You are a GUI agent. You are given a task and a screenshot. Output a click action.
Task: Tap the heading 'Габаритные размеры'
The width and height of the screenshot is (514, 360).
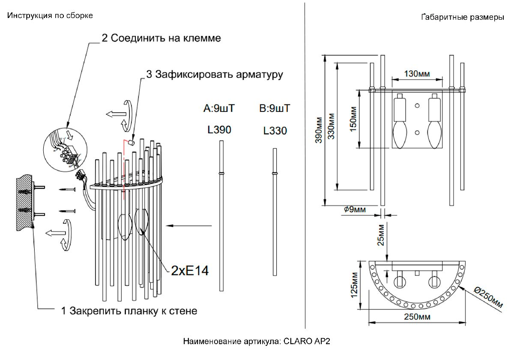pyautogui.click(x=463, y=18)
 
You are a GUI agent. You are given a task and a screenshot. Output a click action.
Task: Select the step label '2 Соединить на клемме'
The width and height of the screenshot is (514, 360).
pyautogui.click(x=161, y=38)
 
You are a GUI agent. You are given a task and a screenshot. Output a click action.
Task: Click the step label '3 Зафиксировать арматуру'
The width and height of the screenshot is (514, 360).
pyautogui.click(x=215, y=75)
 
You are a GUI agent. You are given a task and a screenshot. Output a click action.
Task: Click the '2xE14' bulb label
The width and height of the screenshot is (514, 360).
pyautogui.click(x=190, y=270)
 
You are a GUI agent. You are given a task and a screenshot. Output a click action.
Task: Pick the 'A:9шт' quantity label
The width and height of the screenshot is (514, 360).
pyautogui.click(x=219, y=108)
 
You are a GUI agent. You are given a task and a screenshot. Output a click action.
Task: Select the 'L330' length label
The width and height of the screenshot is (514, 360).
pyautogui.click(x=275, y=131)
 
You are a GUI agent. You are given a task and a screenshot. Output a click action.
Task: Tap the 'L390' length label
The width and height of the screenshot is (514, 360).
pyautogui.click(x=219, y=129)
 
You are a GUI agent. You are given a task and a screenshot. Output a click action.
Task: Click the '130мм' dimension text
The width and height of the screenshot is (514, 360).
pyautogui.click(x=417, y=74)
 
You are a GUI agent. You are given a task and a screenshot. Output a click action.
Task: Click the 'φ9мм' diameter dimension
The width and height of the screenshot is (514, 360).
pyautogui.click(x=355, y=210)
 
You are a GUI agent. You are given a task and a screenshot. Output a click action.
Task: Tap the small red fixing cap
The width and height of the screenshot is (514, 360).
pyautogui.click(x=132, y=142)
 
